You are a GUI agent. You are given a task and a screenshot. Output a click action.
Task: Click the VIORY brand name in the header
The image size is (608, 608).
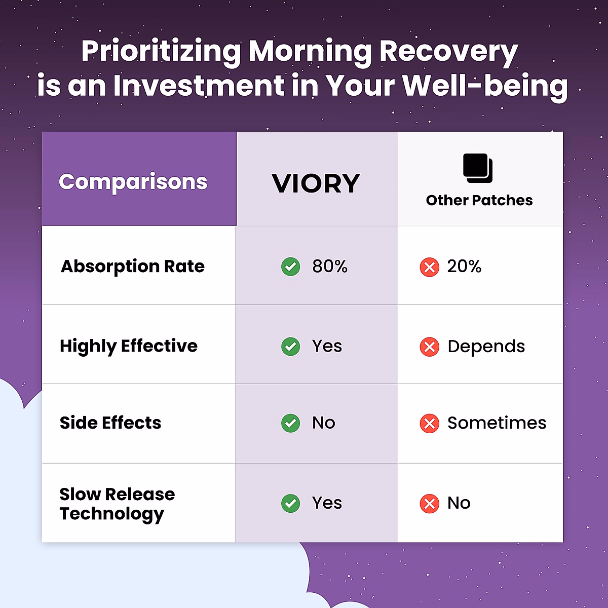316,183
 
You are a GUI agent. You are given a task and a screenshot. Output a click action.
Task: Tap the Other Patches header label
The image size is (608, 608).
479,200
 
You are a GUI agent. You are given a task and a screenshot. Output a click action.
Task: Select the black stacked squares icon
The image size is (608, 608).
478,168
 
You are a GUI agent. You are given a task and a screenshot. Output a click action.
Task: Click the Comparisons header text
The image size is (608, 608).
133,182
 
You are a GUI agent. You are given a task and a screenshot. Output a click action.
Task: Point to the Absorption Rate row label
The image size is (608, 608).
133,267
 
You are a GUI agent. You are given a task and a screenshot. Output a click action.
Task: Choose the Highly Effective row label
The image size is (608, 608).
129,346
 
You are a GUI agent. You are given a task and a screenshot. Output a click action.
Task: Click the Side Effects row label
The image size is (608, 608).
110,423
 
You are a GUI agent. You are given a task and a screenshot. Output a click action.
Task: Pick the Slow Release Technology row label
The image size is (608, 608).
117,504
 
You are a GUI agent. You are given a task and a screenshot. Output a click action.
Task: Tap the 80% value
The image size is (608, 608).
330,267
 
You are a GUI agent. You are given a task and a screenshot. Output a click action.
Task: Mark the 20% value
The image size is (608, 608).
464,267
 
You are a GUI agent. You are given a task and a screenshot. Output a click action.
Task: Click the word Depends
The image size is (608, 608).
486,347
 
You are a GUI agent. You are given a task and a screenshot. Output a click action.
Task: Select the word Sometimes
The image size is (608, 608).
497,423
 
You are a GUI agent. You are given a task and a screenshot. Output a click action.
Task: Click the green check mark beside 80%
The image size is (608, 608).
291,267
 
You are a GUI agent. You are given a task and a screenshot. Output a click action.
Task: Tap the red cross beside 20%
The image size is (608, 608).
430,267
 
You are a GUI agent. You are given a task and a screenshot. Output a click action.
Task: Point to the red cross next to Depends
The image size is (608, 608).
430,347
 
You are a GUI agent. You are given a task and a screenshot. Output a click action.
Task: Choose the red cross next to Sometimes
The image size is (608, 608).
430,423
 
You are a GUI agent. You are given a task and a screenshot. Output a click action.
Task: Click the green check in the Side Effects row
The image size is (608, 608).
291,423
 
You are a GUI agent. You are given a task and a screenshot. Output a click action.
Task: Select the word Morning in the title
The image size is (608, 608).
310,52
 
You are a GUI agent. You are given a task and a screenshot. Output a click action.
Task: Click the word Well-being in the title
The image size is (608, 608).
485,86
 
